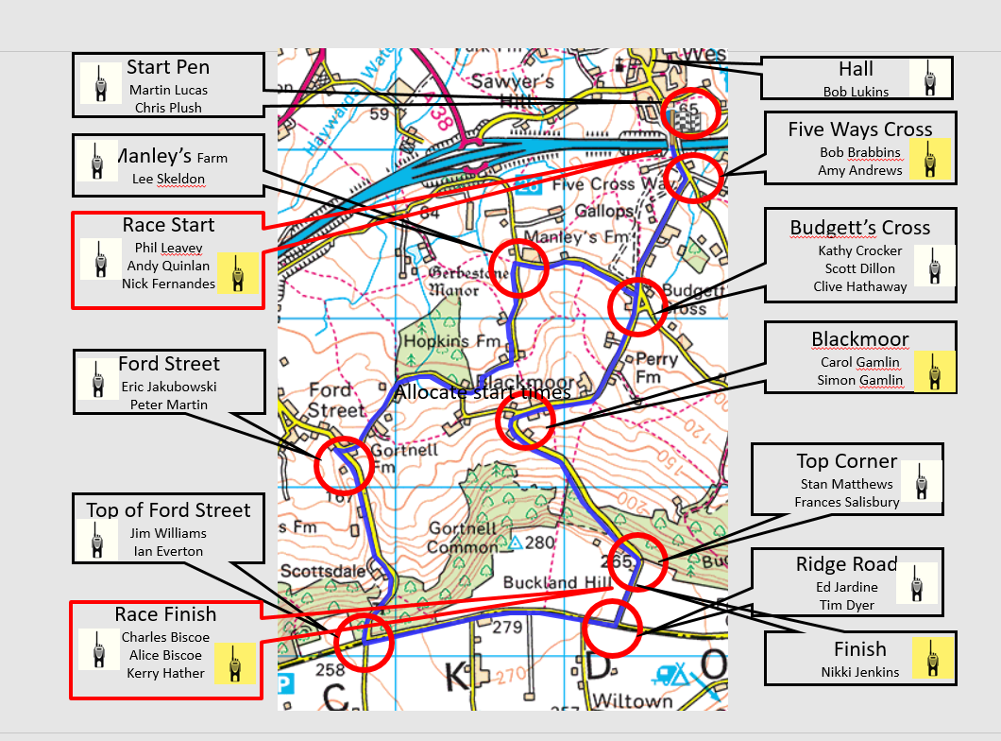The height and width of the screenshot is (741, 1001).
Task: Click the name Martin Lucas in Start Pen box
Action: point(168,90)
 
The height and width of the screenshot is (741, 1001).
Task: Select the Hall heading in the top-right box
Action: point(856,69)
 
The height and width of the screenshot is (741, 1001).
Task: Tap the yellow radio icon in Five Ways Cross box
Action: point(930,159)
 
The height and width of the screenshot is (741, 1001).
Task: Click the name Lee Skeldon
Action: point(168,179)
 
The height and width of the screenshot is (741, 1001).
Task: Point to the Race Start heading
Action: point(168,225)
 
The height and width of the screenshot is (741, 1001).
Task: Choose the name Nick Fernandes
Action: point(168,284)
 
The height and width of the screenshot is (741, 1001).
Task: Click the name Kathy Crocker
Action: point(860,250)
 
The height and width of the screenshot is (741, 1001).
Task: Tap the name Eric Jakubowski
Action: point(169,387)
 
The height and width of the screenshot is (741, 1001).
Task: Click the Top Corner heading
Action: point(846,461)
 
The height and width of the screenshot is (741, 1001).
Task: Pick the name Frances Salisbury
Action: point(846,502)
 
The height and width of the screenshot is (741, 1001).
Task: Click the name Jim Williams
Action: point(168,533)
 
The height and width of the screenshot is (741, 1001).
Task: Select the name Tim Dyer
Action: point(846,605)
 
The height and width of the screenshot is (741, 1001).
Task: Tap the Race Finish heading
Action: point(165,614)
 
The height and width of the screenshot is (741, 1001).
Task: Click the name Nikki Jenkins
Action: point(859,672)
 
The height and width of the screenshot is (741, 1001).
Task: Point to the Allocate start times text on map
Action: point(483,391)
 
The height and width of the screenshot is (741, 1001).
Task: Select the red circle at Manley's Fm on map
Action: point(518,267)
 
